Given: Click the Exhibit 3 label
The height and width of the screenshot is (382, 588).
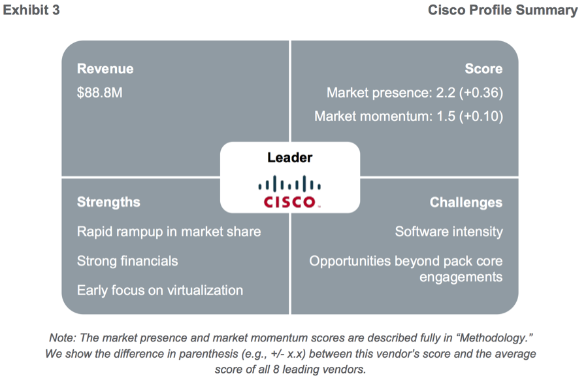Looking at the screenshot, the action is [x=31, y=10].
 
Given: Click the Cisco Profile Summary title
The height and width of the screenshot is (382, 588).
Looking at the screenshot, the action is [x=503, y=10].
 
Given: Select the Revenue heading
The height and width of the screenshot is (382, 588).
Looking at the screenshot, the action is [x=105, y=69].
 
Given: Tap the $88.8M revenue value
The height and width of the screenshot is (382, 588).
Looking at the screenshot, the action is [x=99, y=92].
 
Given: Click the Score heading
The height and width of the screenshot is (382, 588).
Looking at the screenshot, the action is [x=483, y=69].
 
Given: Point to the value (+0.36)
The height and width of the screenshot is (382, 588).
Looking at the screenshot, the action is [x=481, y=93].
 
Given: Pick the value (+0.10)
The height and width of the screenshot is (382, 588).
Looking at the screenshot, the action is [x=482, y=116].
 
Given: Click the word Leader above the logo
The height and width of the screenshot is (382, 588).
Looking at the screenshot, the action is [x=289, y=158].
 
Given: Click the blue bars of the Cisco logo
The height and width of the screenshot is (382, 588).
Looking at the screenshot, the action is [x=289, y=184].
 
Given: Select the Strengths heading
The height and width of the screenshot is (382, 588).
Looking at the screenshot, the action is [x=108, y=202].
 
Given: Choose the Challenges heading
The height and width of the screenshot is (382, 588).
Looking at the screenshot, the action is [x=466, y=203].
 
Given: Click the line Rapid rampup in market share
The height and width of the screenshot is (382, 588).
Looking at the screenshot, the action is [x=169, y=232].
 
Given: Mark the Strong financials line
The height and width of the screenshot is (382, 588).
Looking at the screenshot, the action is [x=127, y=261].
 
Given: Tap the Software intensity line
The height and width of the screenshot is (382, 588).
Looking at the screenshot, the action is [x=449, y=232].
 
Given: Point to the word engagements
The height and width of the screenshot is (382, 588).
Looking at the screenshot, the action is [x=461, y=277].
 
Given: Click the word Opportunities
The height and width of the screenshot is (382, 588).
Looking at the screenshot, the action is [x=350, y=261].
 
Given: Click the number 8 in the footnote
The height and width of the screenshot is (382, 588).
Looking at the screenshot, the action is [x=276, y=370].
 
